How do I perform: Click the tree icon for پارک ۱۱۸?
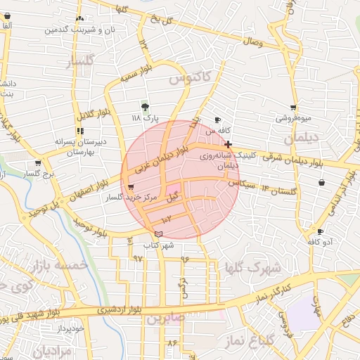click(145, 107)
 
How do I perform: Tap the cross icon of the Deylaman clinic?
click(228, 143)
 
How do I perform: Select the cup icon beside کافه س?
click(217, 120)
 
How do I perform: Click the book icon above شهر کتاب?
click(157, 234)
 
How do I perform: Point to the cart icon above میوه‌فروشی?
click(292, 108)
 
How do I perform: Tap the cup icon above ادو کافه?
click(320, 231)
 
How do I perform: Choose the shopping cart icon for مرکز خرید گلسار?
click(131, 188)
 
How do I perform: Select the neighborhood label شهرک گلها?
click(252, 268)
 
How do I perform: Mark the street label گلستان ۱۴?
click(279, 190)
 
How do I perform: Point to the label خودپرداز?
click(71, 328)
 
